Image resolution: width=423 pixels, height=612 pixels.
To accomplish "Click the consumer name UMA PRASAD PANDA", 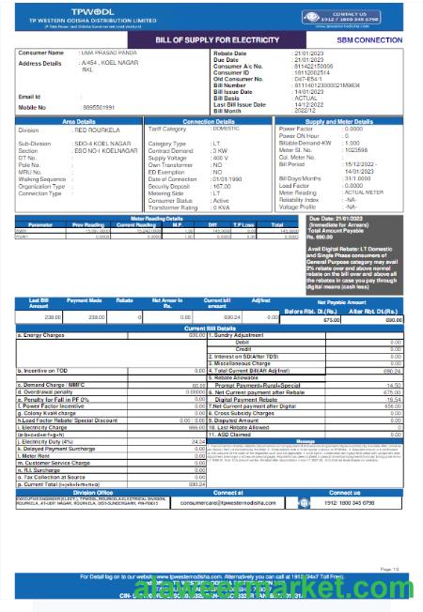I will [113, 54].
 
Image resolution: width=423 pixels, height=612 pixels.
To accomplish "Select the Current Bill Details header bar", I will [211, 326].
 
